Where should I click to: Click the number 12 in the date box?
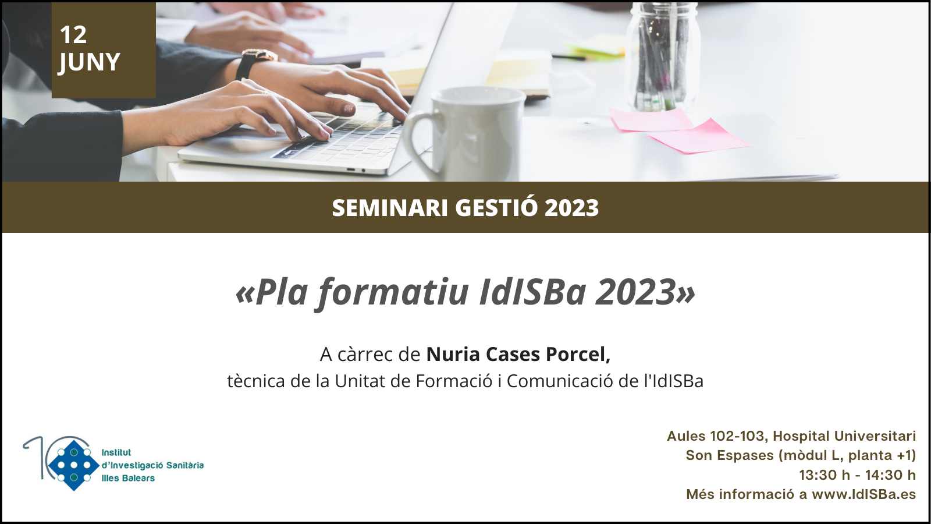click(73, 34)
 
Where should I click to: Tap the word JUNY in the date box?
click(89, 62)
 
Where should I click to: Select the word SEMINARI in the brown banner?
click(390, 207)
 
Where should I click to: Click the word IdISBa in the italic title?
click(532, 292)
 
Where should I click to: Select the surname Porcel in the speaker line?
click(578, 355)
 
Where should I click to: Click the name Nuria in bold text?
click(453, 355)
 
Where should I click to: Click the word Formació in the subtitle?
click(454, 381)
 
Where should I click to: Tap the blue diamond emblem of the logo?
click(74, 465)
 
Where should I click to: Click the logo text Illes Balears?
click(128, 478)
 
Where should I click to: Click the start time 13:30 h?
click(825, 475)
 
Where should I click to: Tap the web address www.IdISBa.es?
click(864, 494)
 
